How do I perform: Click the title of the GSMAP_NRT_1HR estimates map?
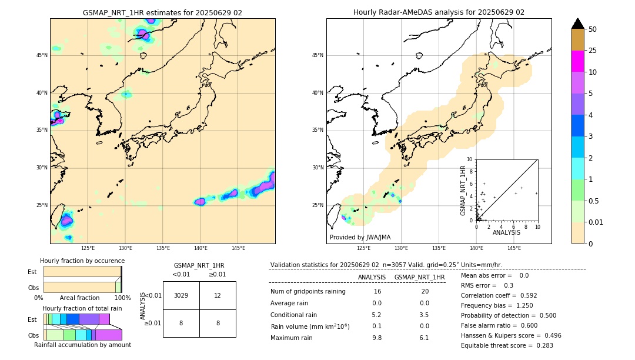(162, 12)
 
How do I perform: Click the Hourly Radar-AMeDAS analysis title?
(439, 12)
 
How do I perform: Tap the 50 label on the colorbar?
(593, 29)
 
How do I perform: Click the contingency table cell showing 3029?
(181, 295)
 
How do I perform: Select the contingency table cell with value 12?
(218, 295)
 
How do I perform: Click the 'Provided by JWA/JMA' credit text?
(360, 238)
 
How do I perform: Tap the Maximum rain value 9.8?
(376, 338)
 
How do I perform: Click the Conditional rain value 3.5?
(424, 315)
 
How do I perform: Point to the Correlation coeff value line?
(499, 295)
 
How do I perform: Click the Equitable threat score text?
(507, 345)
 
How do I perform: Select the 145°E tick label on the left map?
(238, 248)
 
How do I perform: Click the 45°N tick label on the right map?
(317, 55)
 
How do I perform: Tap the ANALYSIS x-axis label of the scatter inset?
(506, 233)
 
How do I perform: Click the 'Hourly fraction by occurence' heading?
(82, 261)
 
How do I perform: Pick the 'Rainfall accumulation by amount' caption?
(82, 345)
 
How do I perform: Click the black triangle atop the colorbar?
(578, 24)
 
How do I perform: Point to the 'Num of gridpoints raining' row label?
(308, 292)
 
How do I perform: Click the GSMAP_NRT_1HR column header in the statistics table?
(419, 277)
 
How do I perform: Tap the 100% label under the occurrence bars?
(122, 298)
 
